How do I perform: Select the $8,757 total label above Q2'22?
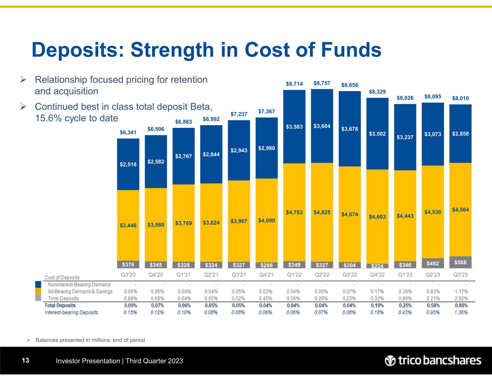(x=322, y=83)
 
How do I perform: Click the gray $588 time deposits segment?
(x=460, y=262)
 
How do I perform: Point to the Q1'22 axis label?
(x=294, y=274)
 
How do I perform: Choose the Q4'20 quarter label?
(x=156, y=274)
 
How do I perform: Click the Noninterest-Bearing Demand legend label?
(x=79, y=285)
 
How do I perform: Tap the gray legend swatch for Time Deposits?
(x=38, y=298)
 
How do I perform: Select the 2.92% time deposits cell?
(x=460, y=298)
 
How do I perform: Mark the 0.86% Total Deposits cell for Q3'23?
(x=460, y=305)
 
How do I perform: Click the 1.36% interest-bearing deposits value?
(x=460, y=312)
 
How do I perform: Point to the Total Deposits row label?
(x=60, y=305)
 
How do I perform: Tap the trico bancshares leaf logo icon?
(x=390, y=361)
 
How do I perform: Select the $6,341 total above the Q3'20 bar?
(x=128, y=133)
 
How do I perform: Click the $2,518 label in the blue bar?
(x=128, y=165)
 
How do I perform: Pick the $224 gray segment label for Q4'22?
(x=377, y=266)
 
